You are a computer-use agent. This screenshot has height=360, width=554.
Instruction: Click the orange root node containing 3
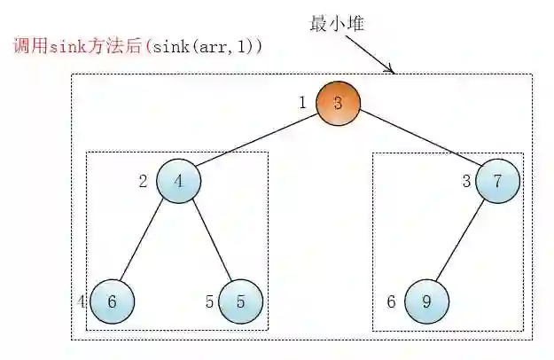[x=338, y=102]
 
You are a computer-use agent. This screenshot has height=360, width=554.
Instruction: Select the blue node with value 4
[x=179, y=182]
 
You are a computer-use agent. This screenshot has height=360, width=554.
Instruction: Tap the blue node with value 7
[x=497, y=182]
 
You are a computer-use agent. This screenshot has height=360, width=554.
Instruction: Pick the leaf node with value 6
[x=112, y=301]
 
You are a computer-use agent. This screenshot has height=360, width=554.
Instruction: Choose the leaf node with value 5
[x=240, y=301]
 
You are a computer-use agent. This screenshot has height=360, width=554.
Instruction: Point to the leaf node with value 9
[x=426, y=301]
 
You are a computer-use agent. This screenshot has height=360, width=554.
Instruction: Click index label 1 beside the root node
[x=302, y=103]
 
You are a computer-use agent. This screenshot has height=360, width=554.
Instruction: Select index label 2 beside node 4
[x=144, y=183]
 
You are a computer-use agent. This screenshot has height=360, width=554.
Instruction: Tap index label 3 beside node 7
[x=466, y=183]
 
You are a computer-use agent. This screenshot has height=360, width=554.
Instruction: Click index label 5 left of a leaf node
[x=210, y=301]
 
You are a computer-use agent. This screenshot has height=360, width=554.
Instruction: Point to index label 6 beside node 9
[x=391, y=301]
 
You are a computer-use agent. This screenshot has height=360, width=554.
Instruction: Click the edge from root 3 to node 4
[x=258, y=142]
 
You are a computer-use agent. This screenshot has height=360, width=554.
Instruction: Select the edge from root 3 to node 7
[x=417, y=142]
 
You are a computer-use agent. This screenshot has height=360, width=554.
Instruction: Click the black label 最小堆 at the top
[x=338, y=24]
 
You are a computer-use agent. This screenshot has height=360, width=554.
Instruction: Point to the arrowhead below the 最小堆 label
[x=391, y=70]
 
